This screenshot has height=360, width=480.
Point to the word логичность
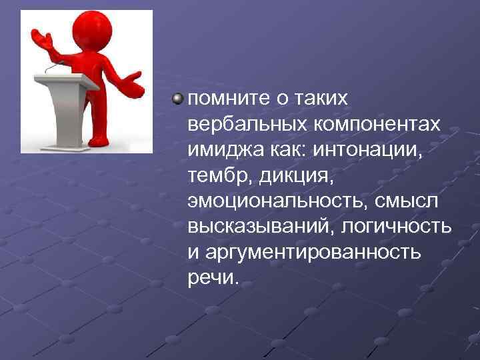(x=396, y=226)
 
